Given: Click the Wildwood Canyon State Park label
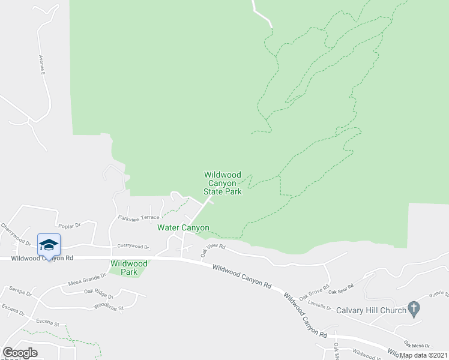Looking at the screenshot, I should tap(223, 183).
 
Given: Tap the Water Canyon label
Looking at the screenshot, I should tap(183, 227).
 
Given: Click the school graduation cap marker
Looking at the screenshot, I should tap(49, 245).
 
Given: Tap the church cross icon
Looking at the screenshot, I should tap(413, 309).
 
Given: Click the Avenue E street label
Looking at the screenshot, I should tap(43, 64).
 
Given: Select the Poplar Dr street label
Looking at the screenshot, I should tap(70, 226).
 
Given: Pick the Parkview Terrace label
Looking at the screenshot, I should tap(139, 217).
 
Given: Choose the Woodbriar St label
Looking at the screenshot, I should tap(109, 307).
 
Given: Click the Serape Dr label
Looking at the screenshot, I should tap(20, 291).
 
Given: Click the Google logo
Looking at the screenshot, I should tap(20, 353).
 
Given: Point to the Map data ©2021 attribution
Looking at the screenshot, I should tap(423, 355).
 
